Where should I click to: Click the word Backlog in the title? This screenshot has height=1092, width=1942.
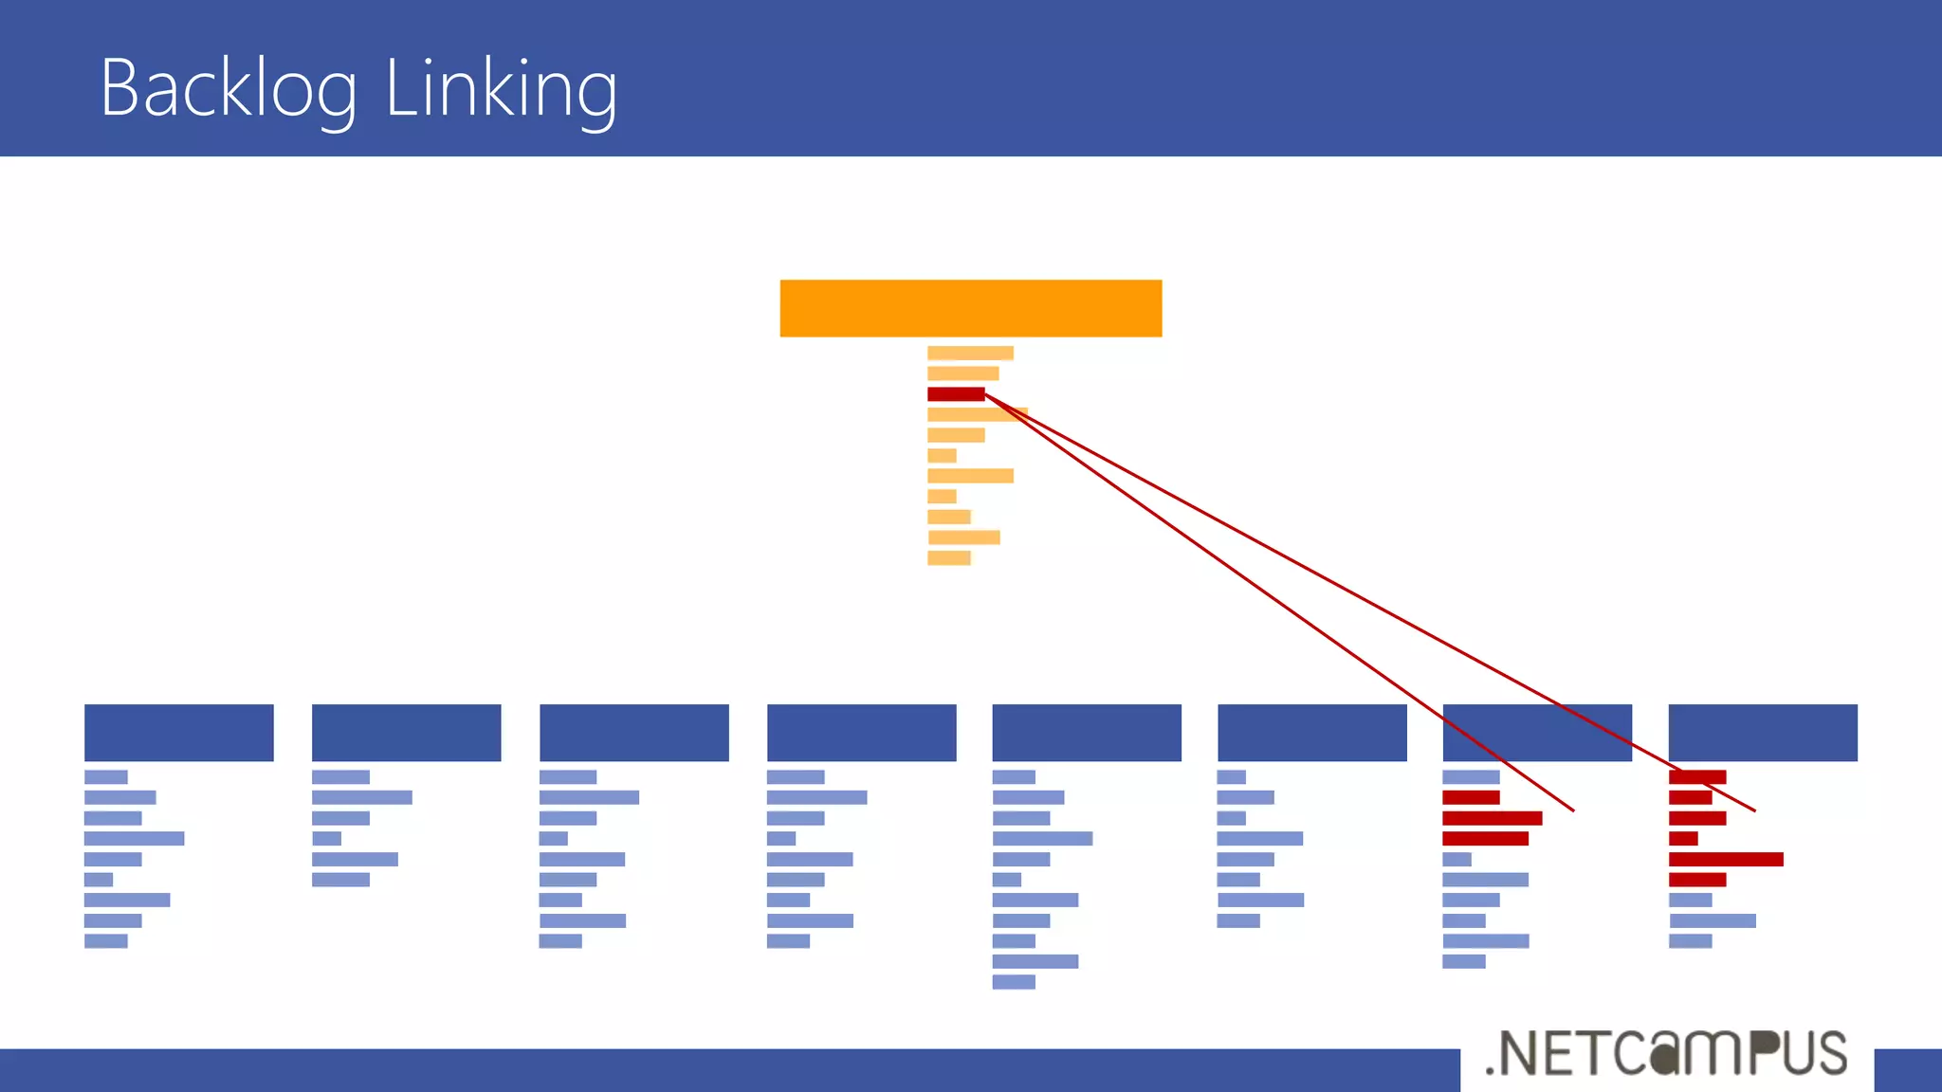coord(229,88)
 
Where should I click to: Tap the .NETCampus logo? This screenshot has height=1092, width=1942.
coord(1666,1054)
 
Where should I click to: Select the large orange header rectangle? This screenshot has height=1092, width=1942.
coord(970,308)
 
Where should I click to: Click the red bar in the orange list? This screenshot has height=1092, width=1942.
coord(955,394)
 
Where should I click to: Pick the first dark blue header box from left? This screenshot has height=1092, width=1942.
coord(179,733)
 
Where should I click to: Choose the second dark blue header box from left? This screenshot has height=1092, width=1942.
coord(406,733)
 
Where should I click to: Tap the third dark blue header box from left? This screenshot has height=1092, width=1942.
coord(633,733)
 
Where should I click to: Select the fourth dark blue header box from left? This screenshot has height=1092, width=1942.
coord(861,733)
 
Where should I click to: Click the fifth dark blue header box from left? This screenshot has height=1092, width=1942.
coord(1087,733)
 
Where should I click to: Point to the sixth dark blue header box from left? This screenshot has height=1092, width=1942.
coord(1311,733)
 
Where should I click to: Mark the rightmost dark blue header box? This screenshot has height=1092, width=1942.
coord(1762,733)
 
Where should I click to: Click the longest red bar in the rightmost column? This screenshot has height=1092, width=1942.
coord(1726,859)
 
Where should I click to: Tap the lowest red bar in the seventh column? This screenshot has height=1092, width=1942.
coord(1485,838)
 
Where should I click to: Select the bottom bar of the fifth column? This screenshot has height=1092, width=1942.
coord(1014,982)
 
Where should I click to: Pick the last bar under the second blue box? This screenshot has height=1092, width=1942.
coord(340,880)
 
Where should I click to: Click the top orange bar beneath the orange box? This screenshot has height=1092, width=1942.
coord(970,354)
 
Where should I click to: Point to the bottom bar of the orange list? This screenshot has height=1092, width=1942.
coord(948,558)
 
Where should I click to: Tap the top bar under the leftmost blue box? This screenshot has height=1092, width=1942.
coord(105,777)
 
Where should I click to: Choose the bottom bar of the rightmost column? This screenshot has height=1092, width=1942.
coord(1690,941)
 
